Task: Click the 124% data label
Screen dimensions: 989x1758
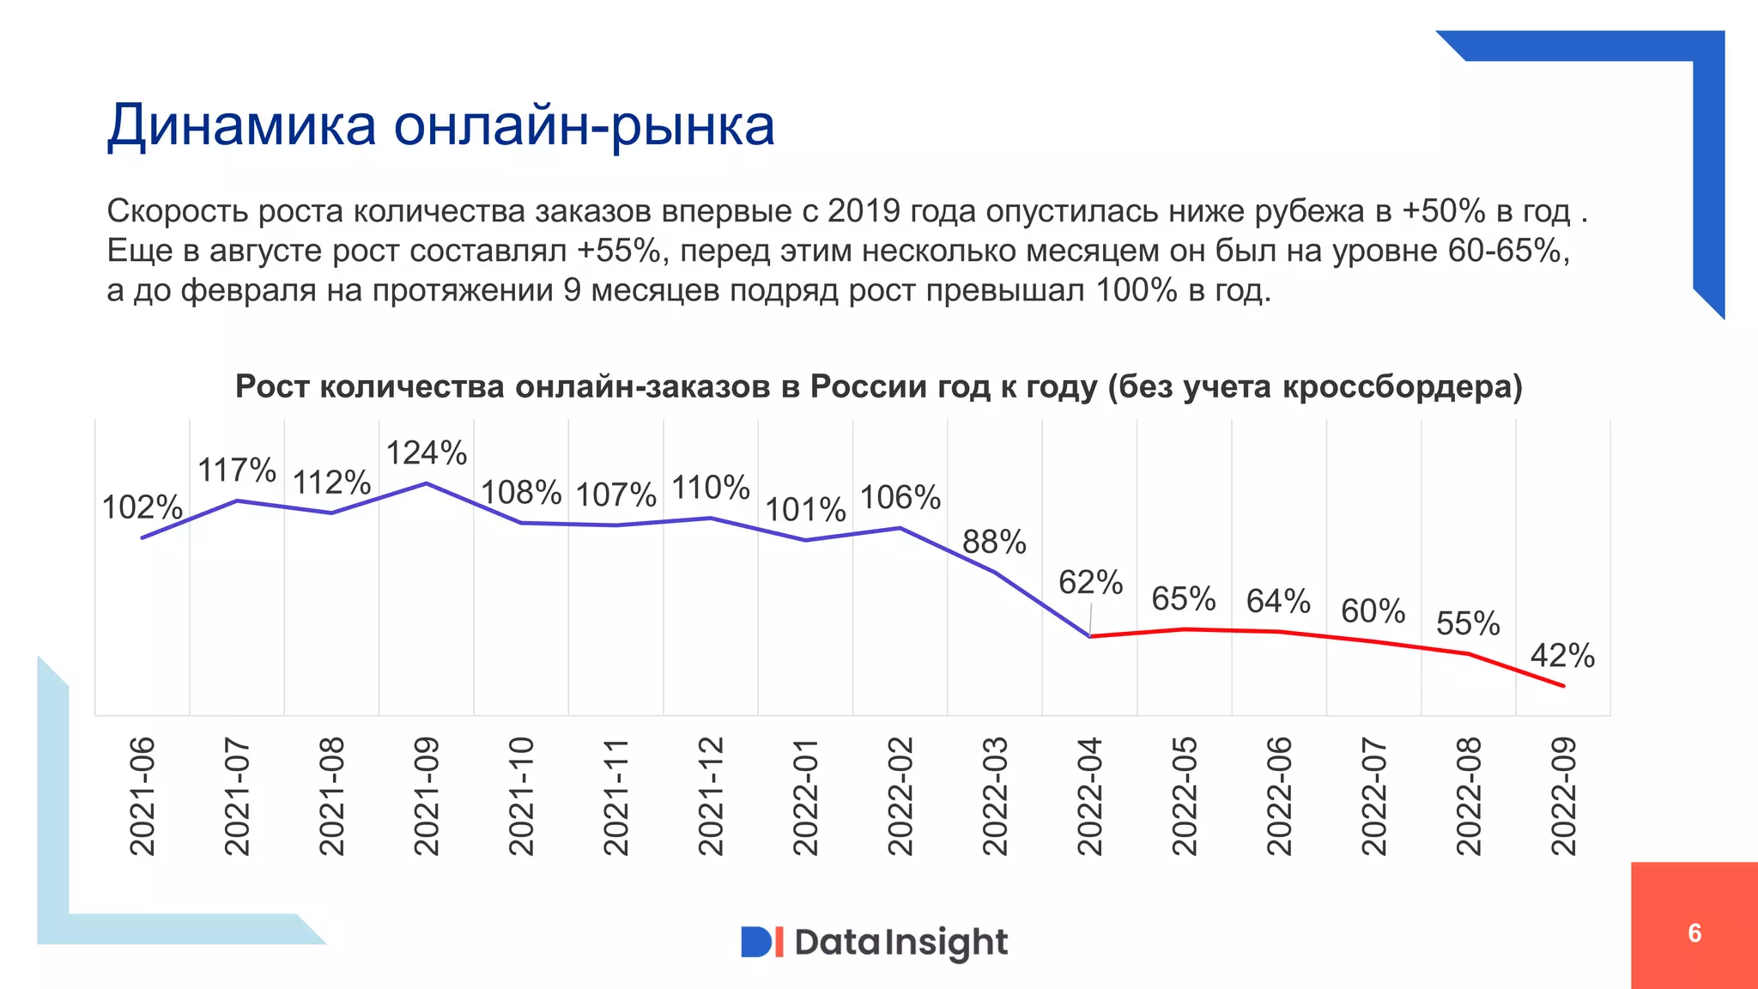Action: pyautogui.click(x=426, y=453)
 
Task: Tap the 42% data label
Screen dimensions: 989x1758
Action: pyautogui.click(x=1562, y=656)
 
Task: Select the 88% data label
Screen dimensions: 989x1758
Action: pyautogui.click(x=994, y=542)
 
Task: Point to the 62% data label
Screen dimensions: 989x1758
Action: pyautogui.click(x=1090, y=582)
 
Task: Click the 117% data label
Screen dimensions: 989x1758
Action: pyautogui.click(x=237, y=470)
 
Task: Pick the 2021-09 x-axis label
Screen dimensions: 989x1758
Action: pyautogui.click(x=427, y=796)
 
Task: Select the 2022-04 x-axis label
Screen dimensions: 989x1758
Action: pyautogui.click(x=1089, y=796)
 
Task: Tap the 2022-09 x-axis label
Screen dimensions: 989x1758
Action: pyautogui.click(x=1563, y=796)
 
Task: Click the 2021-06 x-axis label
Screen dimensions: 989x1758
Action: pyautogui.click(x=142, y=796)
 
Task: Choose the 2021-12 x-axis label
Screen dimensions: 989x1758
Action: pyautogui.click(x=711, y=796)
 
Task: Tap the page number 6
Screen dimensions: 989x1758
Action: pyautogui.click(x=1694, y=933)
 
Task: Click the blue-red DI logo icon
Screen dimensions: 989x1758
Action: pyautogui.click(x=761, y=942)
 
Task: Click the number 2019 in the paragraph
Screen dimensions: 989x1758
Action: pyautogui.click(x=864, y=211)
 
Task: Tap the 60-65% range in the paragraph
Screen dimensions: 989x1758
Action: pyautogui.click(x=1507, y=251)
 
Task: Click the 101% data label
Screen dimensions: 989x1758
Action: pyautogui.click(x=805, y=510)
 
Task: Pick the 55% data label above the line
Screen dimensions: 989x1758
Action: pyautogui.click(x=1468, y=623)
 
